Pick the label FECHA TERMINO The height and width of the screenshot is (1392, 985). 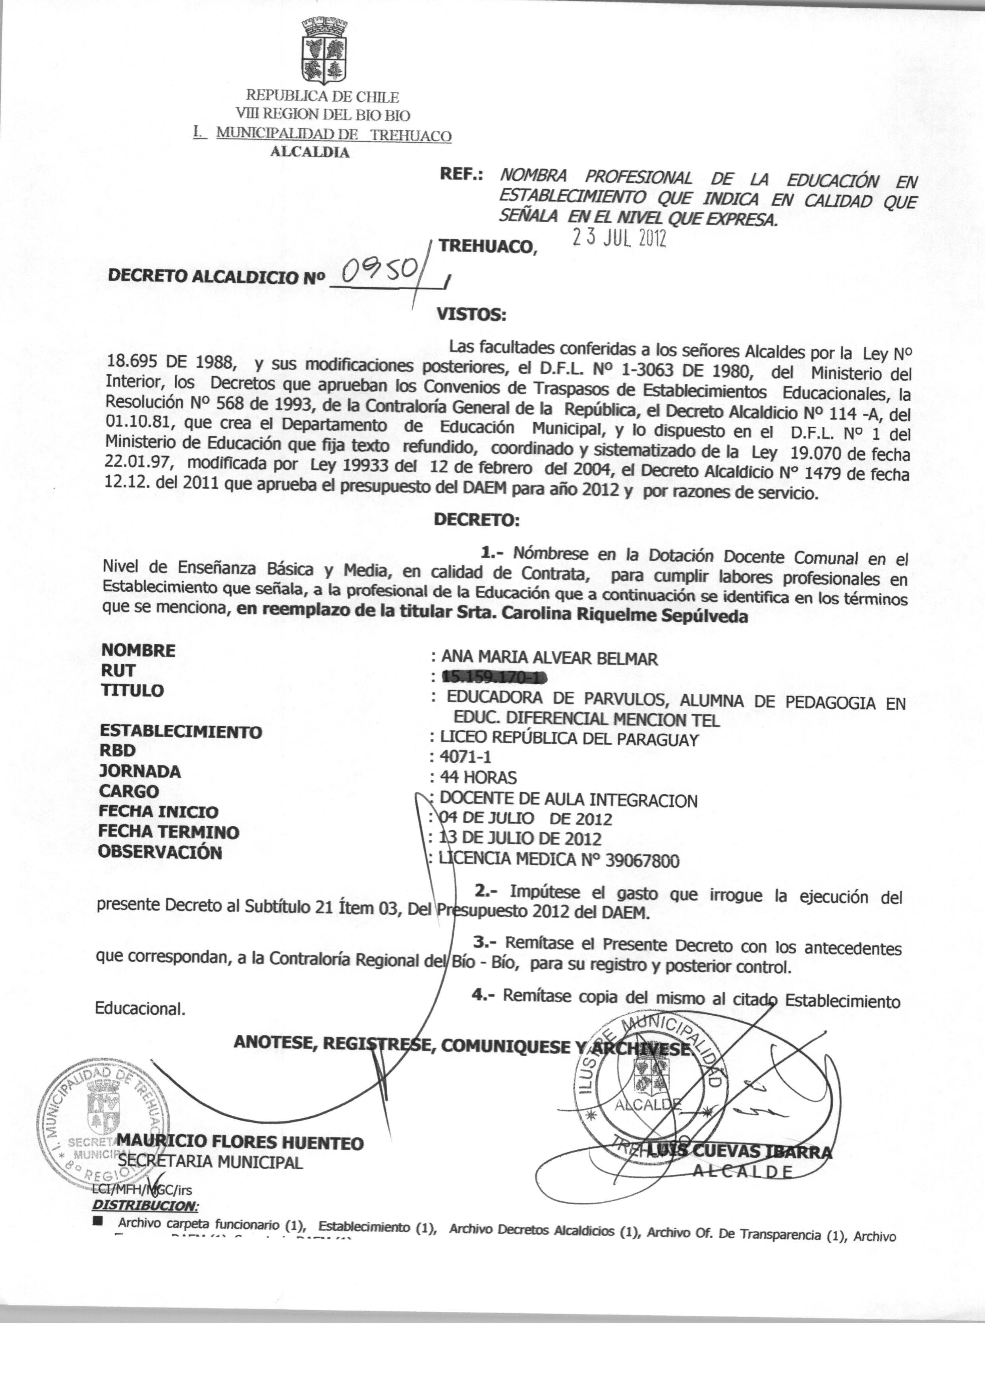coord(169,831)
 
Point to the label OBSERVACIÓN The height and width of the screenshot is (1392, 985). coord(160,852)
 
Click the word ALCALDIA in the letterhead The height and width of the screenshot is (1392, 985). coord(309,152)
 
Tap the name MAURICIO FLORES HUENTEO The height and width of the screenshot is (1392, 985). coord(240,1143)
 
